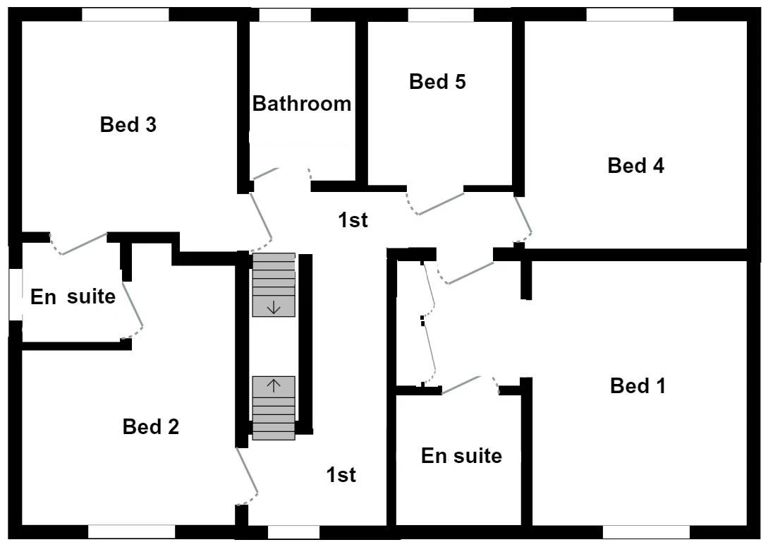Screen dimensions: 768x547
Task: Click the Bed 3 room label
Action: tap(128, 124)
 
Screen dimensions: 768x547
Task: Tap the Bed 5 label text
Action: tap(437, 82)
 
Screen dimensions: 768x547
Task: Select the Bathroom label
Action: tap(302, 104)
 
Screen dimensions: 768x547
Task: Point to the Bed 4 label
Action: tap(635, 166)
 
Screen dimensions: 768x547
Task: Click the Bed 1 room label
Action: tap(638, 386)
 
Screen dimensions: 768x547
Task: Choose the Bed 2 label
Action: tap(151, 426)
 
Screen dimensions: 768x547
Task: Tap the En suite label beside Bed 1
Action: tap(461, 456)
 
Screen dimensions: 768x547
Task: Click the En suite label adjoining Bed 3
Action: tap(73, 296)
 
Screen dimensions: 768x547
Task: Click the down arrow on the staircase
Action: tap(274, 308)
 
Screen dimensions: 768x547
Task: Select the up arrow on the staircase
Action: tap(274, 386)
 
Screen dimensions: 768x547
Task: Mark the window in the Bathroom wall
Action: tap(285, 15)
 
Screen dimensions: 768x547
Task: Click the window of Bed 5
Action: tap(441, 15)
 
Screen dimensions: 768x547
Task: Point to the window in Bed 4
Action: tap(630, 15)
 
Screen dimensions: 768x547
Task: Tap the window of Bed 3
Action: tap(126, 15)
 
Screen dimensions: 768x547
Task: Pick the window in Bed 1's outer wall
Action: tap(647, 532)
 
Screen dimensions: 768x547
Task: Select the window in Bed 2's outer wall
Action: tap(132, 532)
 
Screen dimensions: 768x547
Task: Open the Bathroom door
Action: tap(280, 173)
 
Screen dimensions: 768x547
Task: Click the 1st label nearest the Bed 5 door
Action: tap(353, 220)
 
